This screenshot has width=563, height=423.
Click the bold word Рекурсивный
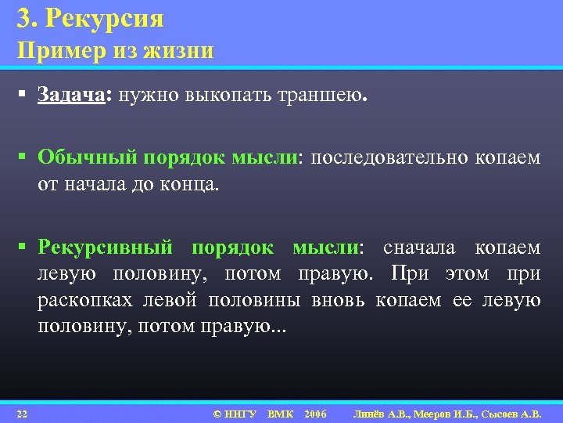tap(106, 248)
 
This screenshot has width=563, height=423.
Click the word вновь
tap(339, 302)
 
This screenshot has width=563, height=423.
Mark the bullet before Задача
tap(25, 96)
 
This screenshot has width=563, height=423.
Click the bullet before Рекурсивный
tap(25, 248)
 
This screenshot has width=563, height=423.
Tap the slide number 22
tap(22, 413)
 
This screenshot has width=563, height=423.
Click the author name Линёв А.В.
tap(387, 413)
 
